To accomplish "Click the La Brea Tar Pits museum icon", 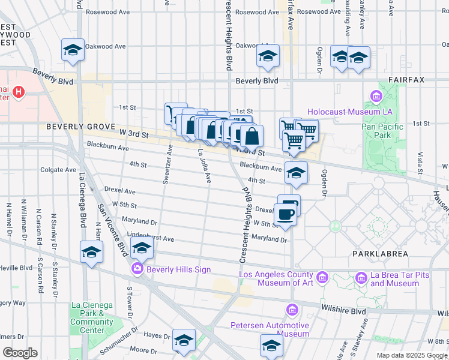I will coord(361,278).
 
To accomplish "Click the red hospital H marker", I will coord(19,92).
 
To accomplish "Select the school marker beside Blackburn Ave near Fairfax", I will coord(295,173).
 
